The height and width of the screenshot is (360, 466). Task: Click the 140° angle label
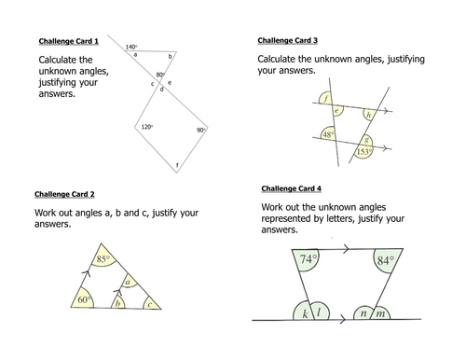tap(131, 47)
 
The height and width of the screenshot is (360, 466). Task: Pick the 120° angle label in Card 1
tap(147, 127)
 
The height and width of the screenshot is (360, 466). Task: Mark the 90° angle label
tap(200, 131)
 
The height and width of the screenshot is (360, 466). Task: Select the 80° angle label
tap(160, 75)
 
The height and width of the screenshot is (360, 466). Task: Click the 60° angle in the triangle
tap(84, 299)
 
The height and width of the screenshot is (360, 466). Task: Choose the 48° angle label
tap(328, 134)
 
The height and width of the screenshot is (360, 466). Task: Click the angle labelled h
tap(367, 114)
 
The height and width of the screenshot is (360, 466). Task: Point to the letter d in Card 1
tap(161, 90)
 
